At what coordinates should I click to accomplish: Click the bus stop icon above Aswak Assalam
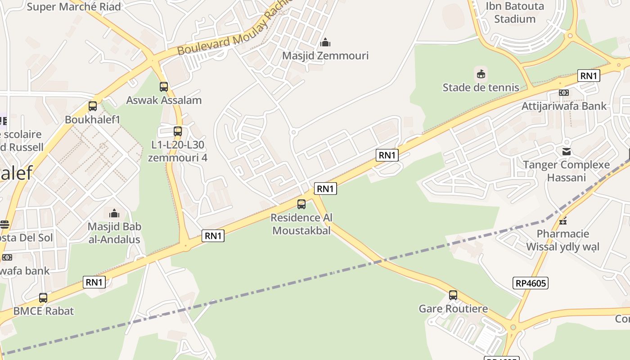[164, 87]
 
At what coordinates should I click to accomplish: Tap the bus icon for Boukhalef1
[93, 107]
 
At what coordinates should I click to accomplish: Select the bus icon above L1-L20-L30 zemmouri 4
[178, 132]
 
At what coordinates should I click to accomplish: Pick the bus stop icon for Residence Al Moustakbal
[301, 204]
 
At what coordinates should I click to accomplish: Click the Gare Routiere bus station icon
[453, 296]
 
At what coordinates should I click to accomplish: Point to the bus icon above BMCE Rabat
[43, 298]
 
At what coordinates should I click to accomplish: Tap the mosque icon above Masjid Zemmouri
[325, 43]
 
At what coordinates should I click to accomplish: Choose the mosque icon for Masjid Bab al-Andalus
[114, 213]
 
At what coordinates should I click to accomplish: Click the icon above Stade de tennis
[481, 74]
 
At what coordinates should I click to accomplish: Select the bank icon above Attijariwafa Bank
[564, 93]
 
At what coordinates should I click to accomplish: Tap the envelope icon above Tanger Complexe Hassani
[567, 152]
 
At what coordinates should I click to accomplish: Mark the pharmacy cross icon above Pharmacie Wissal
[562, 221]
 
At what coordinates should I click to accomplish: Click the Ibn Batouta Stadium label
[515, 13]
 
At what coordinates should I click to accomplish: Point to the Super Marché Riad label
[74, 7]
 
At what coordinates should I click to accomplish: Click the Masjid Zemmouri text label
[325, 56]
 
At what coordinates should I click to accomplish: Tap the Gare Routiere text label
[453, 309]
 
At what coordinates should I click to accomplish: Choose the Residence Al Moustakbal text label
[301, 224]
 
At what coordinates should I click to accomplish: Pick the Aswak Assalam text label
[164, 100]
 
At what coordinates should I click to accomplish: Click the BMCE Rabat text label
[43, 311]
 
